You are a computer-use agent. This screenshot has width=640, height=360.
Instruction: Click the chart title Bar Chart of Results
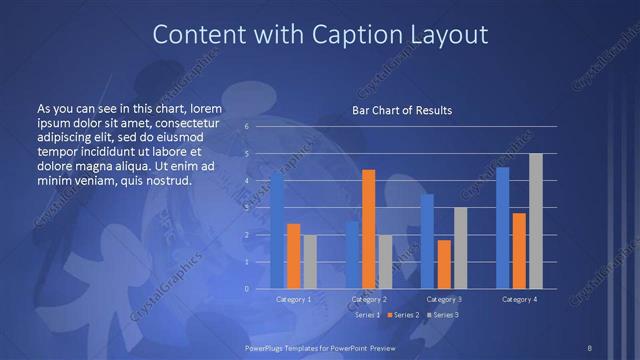pos(402,110)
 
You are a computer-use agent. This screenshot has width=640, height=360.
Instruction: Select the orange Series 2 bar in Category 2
pos(368,229)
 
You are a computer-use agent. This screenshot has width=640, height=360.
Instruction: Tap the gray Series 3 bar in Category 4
pos(535,221)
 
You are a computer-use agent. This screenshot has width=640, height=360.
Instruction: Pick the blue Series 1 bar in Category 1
pos(277,230)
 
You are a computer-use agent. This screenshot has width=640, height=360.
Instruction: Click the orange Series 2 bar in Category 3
pos(444,264)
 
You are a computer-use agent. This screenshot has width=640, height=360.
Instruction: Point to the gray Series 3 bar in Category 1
pos(309,262)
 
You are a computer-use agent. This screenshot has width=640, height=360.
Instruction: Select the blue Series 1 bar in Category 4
pos(502,228)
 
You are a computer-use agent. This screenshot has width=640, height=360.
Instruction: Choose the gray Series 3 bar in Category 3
pos(460,248)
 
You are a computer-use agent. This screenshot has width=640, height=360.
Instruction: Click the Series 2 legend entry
pos(402,315)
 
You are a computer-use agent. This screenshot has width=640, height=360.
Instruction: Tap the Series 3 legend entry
pos(442,315)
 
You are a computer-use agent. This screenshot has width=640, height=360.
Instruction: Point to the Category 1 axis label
pos(293,299)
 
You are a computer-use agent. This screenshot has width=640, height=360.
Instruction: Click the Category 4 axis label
pos(519,299)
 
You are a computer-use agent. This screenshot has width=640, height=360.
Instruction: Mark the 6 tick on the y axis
pos(246,127)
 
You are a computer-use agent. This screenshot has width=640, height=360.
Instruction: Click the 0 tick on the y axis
pos(246,289)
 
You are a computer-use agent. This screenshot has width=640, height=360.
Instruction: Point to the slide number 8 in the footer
pos(589,347)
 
